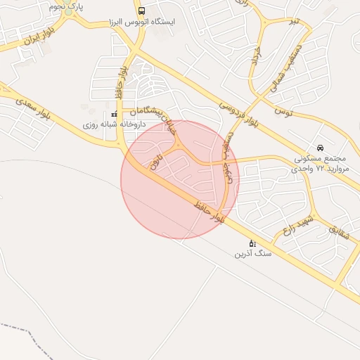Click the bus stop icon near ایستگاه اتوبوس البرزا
(x=141, y=11)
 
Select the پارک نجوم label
(x=67, y=6)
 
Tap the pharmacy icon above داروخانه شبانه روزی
(x=114, y=115)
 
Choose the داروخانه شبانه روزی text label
(x=114, y=124)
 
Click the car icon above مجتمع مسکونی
(x=321, y=148)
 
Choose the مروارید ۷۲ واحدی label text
(x=320, y=169)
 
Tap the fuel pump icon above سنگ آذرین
(x=252, y=243)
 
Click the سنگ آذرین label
(x=252, y=254)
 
